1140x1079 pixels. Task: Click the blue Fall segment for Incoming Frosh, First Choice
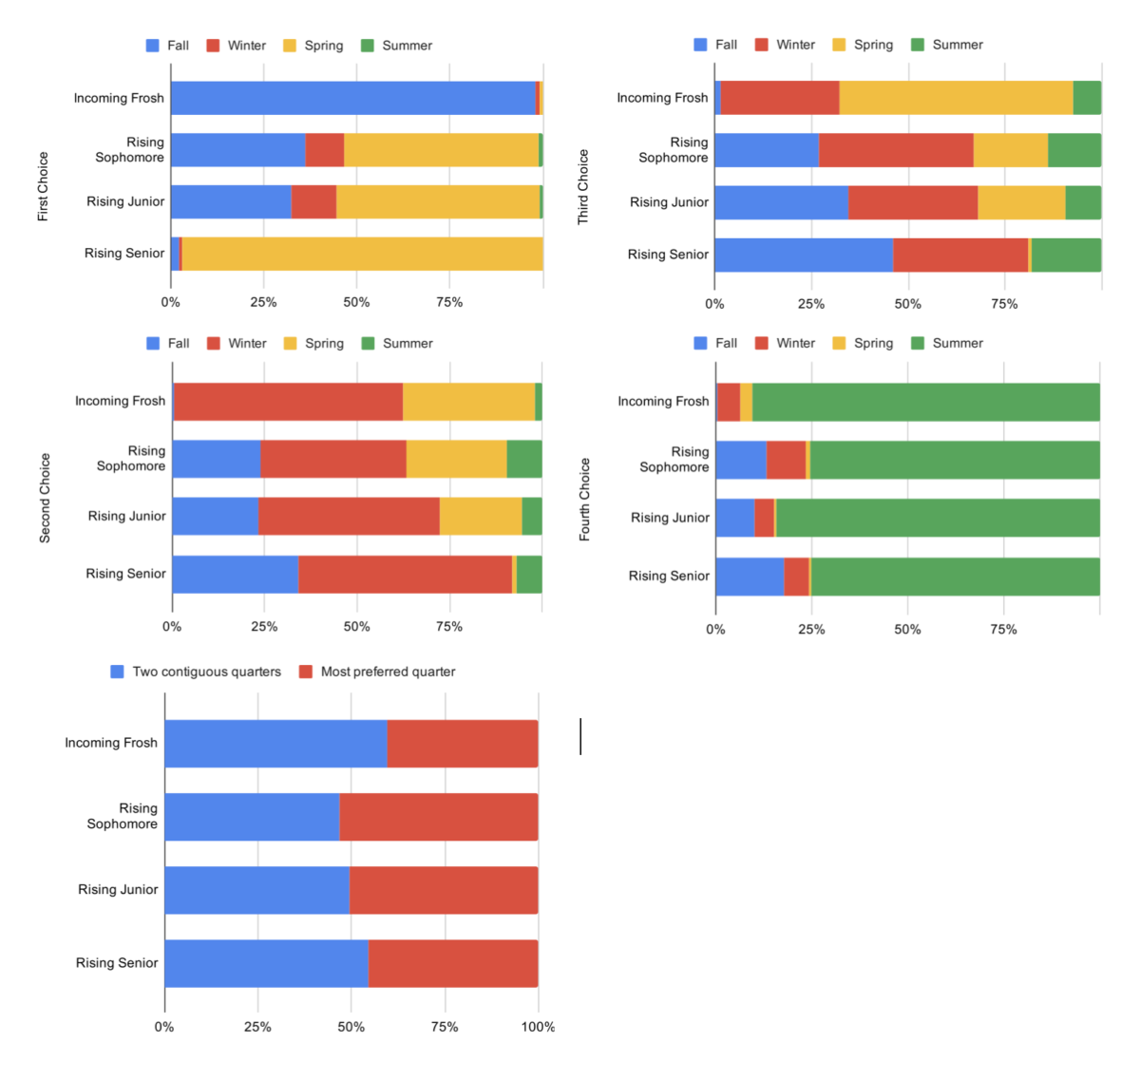pos(352,98)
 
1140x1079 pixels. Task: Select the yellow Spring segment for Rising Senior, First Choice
pos(362,254)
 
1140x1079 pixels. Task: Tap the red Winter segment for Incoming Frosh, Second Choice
pos(289,402)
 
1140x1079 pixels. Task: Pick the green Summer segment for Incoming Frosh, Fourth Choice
pos(925,402)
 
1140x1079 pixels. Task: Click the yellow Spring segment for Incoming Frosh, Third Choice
pos(956,98)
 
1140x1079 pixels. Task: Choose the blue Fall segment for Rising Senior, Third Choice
pos(804,255)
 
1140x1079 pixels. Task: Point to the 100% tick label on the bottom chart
pos(538,1027)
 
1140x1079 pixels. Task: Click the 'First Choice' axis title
pos(43,187)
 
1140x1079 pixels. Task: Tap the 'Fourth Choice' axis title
pos(585,500)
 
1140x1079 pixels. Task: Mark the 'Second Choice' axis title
pos(45,498)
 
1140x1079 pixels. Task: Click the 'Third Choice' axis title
pos(583,187)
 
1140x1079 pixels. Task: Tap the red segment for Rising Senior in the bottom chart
pos(453,963)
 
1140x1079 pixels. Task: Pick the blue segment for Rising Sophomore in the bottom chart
pos(252,817)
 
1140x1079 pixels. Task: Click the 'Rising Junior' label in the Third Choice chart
pos(669,202)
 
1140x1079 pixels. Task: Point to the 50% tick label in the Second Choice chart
pos(357,627)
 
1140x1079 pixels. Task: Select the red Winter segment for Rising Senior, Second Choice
pos(405,575)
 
